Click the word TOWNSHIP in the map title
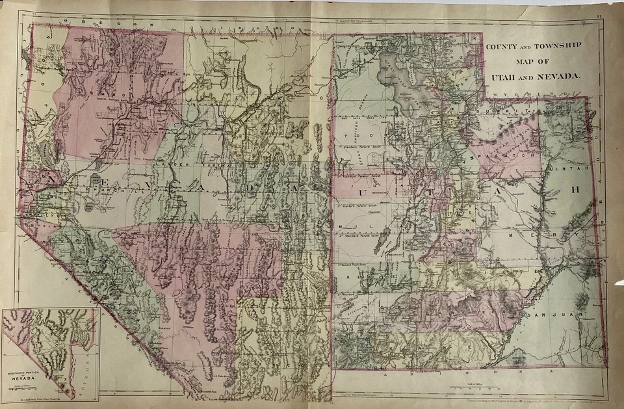tap(559, 46)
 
